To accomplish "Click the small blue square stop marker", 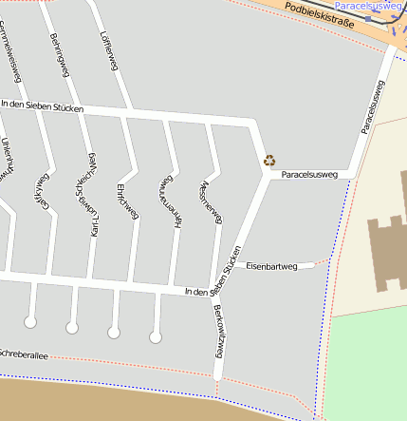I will (x=368, y=18).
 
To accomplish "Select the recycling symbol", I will (x=269, y=161).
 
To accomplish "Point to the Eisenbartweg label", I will (x=272, y=266).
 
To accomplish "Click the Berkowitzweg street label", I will (x=217, y=331).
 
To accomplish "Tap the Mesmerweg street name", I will (x=211, y=202).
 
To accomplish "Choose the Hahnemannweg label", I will (x=170, y=201).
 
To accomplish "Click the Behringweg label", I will (x=56, y=57).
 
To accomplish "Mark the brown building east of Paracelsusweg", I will (x=386, y=252).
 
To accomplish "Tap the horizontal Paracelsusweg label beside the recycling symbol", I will (x=309, y=175).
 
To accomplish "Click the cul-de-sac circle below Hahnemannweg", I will (x=156, y=336).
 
